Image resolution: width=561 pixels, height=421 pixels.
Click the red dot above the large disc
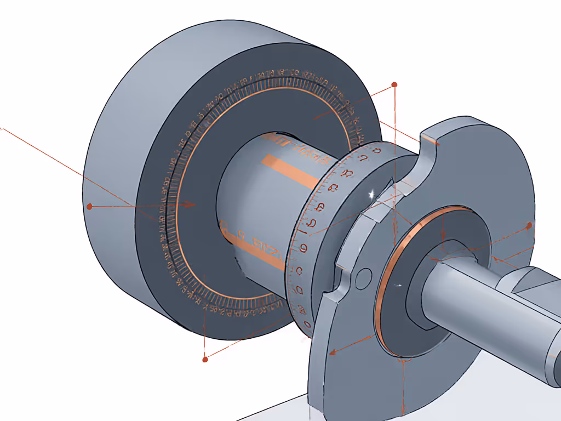[x=393, y=85]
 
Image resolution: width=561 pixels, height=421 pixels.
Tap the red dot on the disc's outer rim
[x=90, y=206]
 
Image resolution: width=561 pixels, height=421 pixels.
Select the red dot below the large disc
[x=205, y=359]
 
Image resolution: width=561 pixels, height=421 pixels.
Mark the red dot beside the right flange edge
[x=529, y=225]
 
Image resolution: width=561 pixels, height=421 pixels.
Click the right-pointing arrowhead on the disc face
[x=189, y=204]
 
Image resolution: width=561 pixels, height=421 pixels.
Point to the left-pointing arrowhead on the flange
[x=332, y=352]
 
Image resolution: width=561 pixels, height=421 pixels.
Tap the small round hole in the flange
[x=362, y=279]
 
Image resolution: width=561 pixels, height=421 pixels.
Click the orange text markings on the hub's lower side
[x=257, y=247]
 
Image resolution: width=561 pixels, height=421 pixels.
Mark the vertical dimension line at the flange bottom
[x=403, y=389]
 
